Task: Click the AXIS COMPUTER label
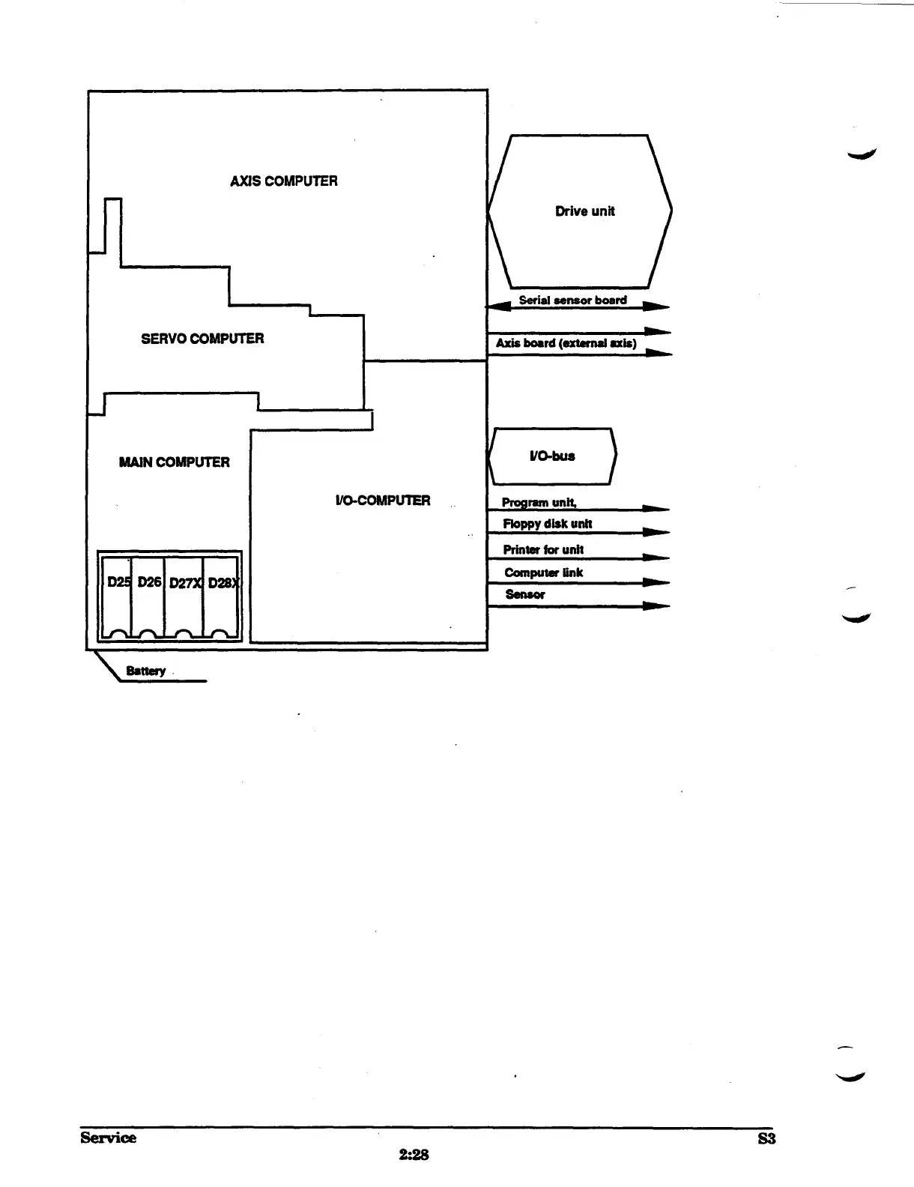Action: pyautogui.click(x=283, y=181)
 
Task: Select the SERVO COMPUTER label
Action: pyautogui.click(x=202, y=338)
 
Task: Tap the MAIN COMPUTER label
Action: pyautogui.click(x=174, y=462)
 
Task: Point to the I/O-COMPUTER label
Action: pyautogui.click(x=382, y=500)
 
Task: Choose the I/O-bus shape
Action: pyautogui.click(x=552, y=456)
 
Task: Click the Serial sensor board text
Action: pyautogui.click(x=572, y=300)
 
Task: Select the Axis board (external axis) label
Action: pyautogui.click(x=566, y=343)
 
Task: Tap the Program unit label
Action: pyautogui.click(x=539, y=502)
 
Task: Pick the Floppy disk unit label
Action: pyautogui.click(x=547, y=524)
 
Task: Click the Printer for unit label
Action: pyautogui.click(x=542, y=549)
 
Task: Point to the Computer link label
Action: pyautogui.click(x=543, y=573)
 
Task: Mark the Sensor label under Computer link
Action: pyautogui.click(x=524, y=594)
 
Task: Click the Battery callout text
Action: pyautogui.click(x=145, y=671)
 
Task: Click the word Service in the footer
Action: pyautogui.click(x=109, y=1138)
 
